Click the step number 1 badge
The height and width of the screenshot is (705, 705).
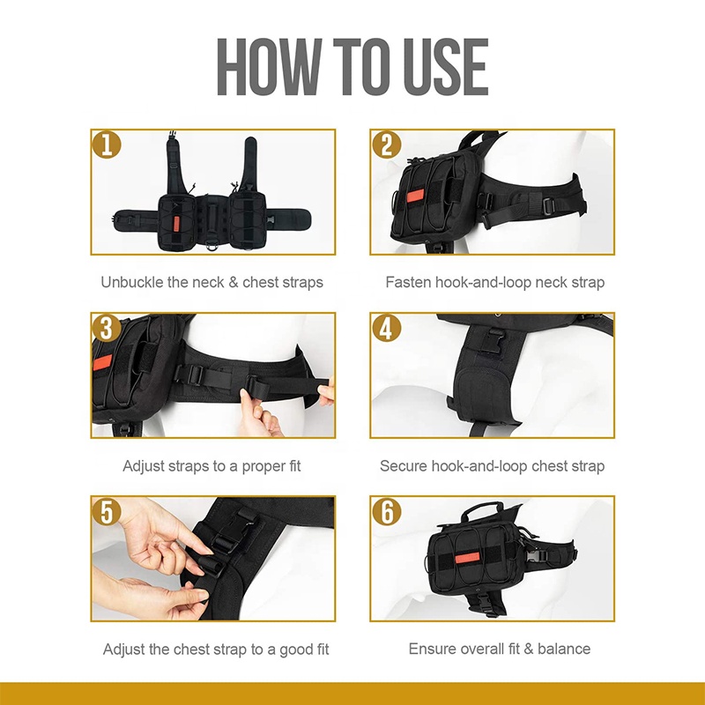107,145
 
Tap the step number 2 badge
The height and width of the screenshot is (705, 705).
385,145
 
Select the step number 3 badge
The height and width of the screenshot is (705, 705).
107,328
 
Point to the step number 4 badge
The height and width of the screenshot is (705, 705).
385,328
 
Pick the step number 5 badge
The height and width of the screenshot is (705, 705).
107,511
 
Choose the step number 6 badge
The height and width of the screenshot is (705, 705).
385,511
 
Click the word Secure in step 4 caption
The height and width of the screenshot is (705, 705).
404,465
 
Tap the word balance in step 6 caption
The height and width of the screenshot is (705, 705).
560,649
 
